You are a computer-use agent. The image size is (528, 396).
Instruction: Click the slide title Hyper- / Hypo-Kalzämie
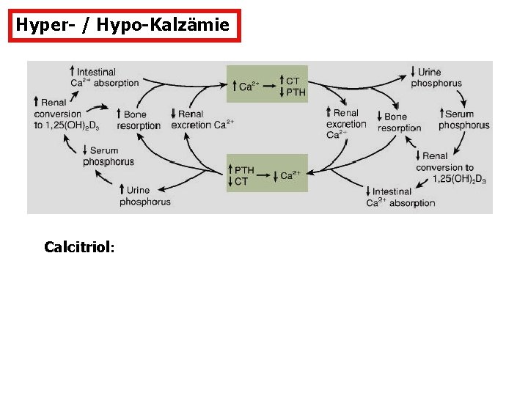point(123,26)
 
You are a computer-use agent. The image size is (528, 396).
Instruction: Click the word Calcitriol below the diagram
point(78,247)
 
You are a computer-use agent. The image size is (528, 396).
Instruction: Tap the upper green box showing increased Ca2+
point(267,82)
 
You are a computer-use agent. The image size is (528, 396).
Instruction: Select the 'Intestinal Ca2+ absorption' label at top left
point(104,77)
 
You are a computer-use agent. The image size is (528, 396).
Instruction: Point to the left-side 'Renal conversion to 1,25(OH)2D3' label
point(66,114)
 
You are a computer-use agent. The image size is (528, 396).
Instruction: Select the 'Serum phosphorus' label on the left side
point(108,156)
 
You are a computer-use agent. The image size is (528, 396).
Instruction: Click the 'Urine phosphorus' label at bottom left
point(144,196)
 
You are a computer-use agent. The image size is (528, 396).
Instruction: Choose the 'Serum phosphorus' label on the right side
point(463,120)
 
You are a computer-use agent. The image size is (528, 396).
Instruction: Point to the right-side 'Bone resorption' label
point(399,122)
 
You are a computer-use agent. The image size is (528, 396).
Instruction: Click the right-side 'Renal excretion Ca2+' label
point(345,123)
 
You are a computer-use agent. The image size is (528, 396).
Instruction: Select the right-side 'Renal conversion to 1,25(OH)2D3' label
point(450,166)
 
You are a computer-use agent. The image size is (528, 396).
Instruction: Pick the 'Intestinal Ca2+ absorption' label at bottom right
point(400,197)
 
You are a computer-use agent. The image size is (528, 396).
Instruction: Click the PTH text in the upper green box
point(296,92)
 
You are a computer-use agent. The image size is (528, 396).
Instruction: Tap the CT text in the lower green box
point(241,180)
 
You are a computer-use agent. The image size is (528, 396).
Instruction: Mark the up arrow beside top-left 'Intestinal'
point(71,71)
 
